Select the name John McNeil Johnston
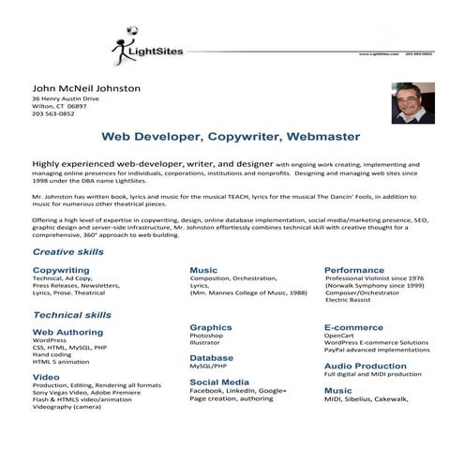tap(86, 88)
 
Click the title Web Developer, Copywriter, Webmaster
tap(231, 137)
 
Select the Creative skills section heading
tap(68, 253)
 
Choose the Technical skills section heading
tap(72, 315)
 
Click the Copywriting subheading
tap(61, 270)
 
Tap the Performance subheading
tap(354, 270)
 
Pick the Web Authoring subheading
tap(67, 332)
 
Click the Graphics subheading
tap(210, 327)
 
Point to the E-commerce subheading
tap(354, 327)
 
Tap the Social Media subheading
tap(219, 382)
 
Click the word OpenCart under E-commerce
tap(339, 335)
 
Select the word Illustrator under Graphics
tap(206, 343)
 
